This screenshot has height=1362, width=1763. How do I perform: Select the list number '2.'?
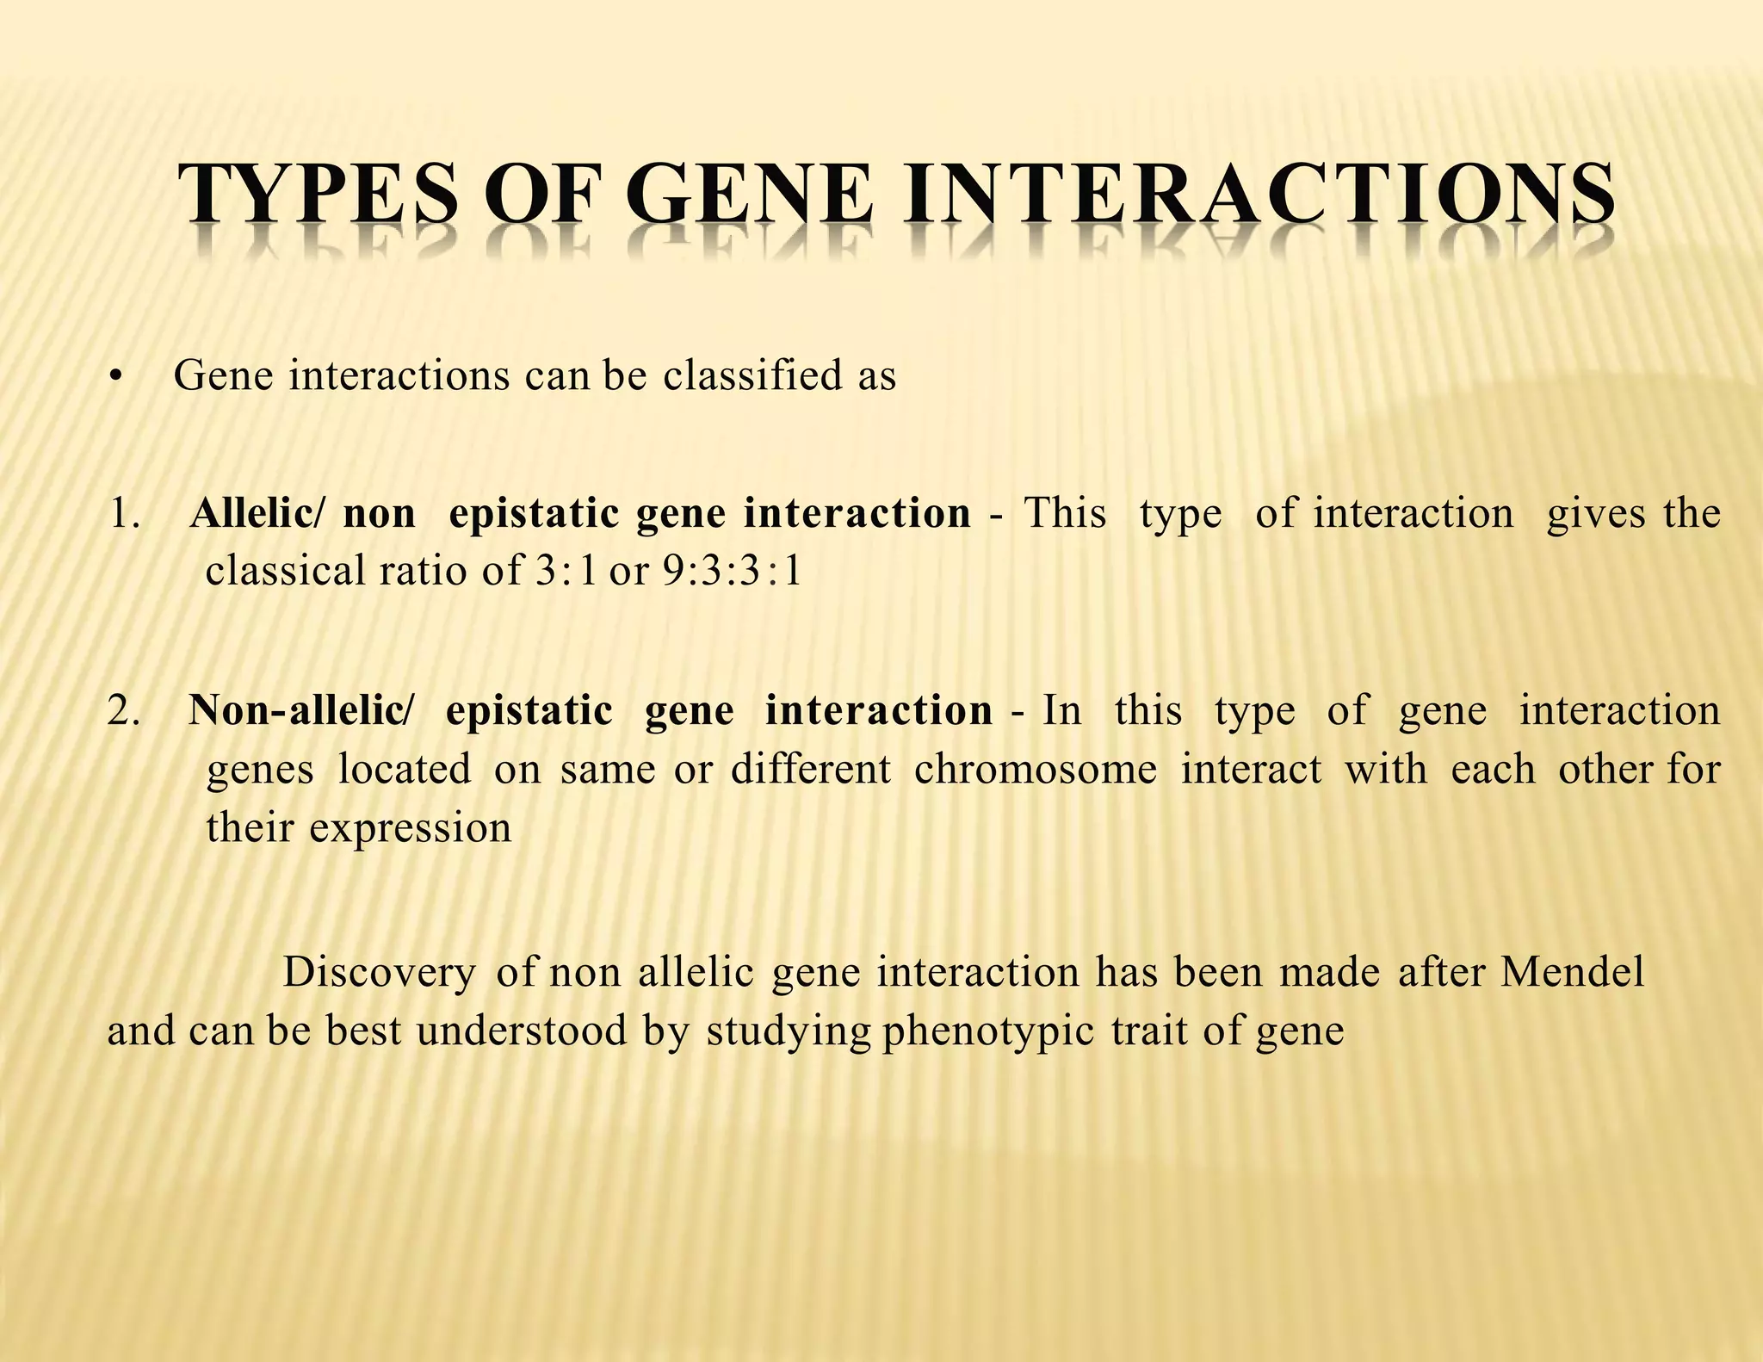pyautogui.click(x=125, y=711)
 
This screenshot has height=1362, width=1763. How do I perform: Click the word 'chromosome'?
pyautogui.click(x=1036, y=769)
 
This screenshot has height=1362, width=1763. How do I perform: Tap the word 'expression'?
pyautogui.click(x=411, y=828)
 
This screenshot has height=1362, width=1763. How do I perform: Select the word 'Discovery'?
pyautogui.click(x=379, y=973)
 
